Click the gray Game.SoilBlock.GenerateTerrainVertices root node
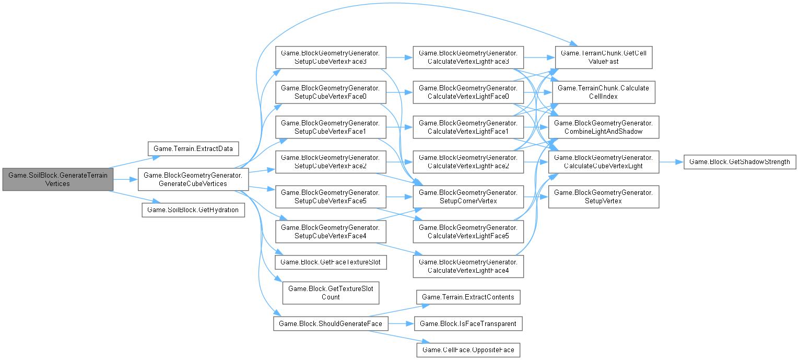pos(57,179)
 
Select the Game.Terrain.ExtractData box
pos(193,148)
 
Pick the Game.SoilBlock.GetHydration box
pos(193,210)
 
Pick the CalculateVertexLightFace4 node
pos(467,265)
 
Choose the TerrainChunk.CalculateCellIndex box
pos(603,92)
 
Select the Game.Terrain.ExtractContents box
pos(467,297)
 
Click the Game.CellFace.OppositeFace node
pos(467,349)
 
